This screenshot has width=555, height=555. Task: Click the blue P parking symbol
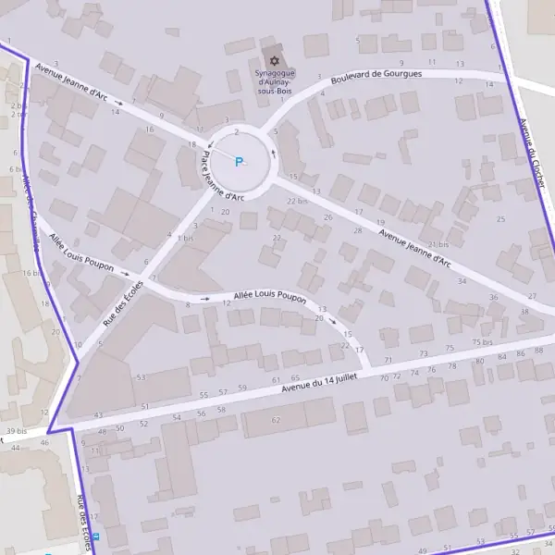(239, 163)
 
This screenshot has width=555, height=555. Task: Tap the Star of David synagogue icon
(273, 60)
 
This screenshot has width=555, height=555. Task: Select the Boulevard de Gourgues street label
(376, 73)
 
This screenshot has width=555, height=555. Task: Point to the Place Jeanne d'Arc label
(222, 176)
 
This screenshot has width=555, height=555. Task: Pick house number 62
(275, 420)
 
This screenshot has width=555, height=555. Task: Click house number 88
(538, 351)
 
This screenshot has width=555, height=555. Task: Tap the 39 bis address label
(16, 432)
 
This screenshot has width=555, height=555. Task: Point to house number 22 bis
(296, 201)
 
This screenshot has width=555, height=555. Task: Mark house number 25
(500, 219)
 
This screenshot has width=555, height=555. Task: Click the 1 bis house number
(186, 238)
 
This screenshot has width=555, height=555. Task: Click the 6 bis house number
(14, 169)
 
